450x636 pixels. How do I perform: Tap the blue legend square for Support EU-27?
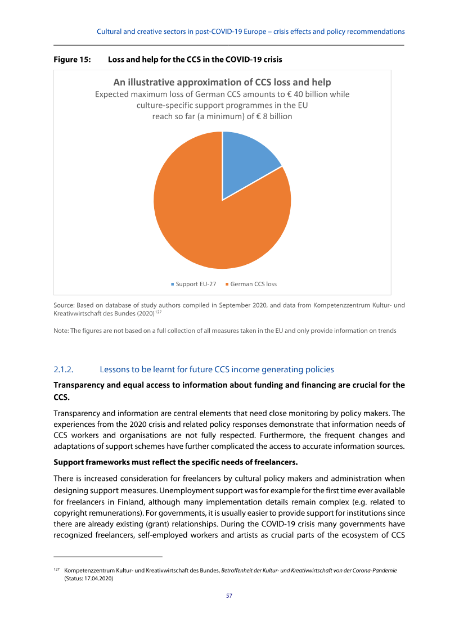(173, 284)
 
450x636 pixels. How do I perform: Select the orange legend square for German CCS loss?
(227, 284)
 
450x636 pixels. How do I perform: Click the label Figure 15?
(72, 58)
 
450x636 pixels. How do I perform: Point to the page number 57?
(229, 596)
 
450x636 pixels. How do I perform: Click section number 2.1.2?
(64, 369)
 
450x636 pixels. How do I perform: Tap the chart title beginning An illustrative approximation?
(222, 82)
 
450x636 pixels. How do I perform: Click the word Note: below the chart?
(61, 331)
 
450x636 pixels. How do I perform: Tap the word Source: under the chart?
(64, 305)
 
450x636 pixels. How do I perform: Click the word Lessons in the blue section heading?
(114, 369)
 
